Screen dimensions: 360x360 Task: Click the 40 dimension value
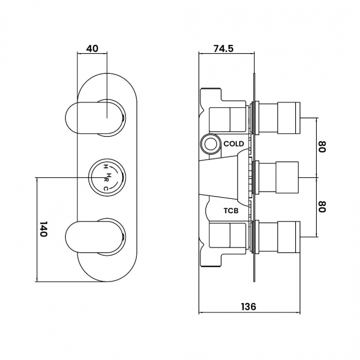(92, 48)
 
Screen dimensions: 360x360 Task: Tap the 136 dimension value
(249, 306)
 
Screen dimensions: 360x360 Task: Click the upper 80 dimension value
(322, 148)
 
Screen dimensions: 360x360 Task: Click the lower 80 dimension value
(322, 207)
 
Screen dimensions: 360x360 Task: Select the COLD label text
(234, 144)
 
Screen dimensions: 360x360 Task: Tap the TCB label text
(231, 211)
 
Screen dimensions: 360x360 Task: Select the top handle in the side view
(280, 116)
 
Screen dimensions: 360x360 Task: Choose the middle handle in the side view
(280, 177)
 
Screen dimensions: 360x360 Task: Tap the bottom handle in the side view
(280, 237)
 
